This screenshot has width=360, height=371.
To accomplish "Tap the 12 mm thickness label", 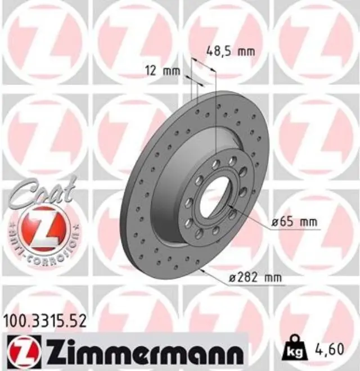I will point(163,71).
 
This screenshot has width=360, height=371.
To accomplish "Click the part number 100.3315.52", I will point(46,321).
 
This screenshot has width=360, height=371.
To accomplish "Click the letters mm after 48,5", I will point(246,52).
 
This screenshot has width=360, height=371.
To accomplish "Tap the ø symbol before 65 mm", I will point(274,223).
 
